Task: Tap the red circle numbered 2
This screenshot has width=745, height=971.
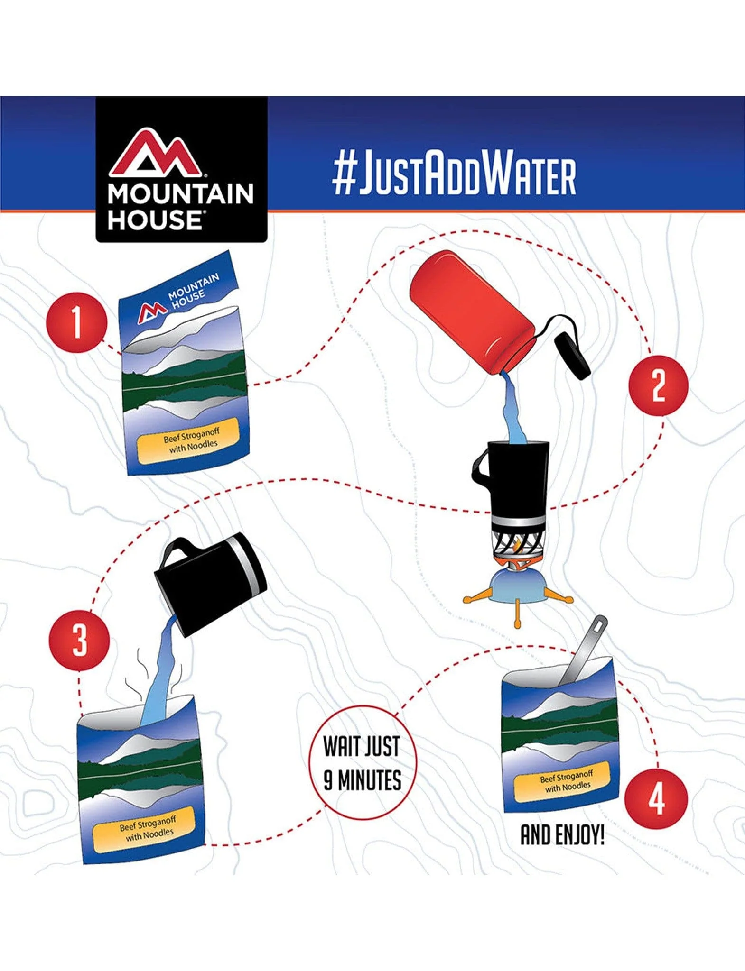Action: (x=658, y=386)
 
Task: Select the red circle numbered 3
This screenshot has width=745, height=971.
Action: (x=79, y=640)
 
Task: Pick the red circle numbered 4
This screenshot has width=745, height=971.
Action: (x=656, y=799)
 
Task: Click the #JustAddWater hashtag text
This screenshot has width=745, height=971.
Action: (x=455, y=175)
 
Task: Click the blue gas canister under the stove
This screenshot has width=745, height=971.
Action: (x=519, y=586)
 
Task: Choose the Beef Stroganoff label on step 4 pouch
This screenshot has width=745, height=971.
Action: (x=568, y=782)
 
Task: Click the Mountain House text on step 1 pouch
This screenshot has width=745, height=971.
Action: (x=193, y=289)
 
